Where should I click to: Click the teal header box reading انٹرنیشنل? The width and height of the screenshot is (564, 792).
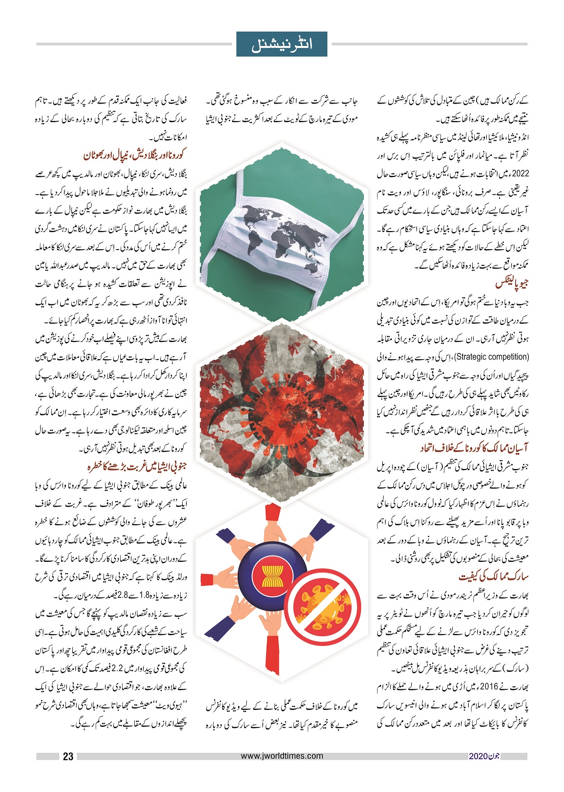pyautogui.click(x=282, y=44)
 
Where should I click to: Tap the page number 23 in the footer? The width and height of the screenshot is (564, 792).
pyautogui.click(x=68, y=756)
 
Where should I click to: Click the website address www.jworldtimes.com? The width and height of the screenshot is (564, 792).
pyautogui.click(x=282, y=756)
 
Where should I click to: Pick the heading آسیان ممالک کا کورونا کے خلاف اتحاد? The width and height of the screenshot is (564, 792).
pyautogui.click(x=474, y=448)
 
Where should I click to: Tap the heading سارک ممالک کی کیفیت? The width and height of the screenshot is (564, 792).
pyautogui.click(x=493, y=577)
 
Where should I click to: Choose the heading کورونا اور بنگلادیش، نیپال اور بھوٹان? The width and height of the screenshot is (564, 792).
pyautogui.click(x=135, y=155)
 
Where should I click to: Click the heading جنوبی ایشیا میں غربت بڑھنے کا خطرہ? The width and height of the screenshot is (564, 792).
pyautogui.click(x=137, y=467)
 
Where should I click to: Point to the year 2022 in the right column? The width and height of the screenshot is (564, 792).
pyautogui.click(x=521, y=173)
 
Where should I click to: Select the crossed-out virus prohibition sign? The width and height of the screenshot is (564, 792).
pyautogui.click(x=317, y=606)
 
